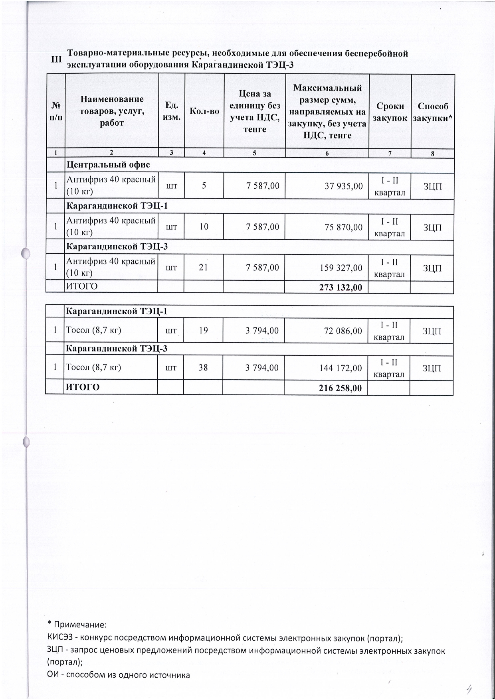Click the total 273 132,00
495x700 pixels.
341,287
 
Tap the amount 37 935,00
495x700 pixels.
344,186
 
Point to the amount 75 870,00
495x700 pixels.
343,227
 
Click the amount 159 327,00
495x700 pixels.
341,268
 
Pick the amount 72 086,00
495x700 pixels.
343,331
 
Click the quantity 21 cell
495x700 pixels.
204,267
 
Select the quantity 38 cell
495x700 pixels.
203,367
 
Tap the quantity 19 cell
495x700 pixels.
204,330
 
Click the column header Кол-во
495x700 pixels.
204,111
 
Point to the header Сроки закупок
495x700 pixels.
390,112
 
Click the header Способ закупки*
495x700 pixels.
433,112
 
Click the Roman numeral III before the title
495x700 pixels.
57,59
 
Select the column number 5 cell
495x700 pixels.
254,153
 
